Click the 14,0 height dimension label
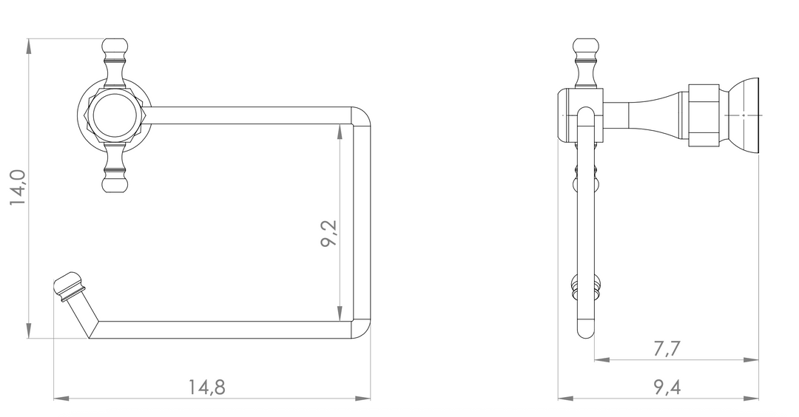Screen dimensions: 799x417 coord(18,187)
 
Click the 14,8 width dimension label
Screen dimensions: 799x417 coord(207,387)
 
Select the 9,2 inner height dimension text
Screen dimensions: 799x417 coord(329,233)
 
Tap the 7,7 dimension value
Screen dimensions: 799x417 coord(667,349)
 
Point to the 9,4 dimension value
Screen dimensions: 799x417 coord(667,388)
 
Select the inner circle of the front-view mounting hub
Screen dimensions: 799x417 coord(115,115)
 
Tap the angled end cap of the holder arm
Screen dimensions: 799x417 coord(68,287)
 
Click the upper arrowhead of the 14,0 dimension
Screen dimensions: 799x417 coord(29,47)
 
